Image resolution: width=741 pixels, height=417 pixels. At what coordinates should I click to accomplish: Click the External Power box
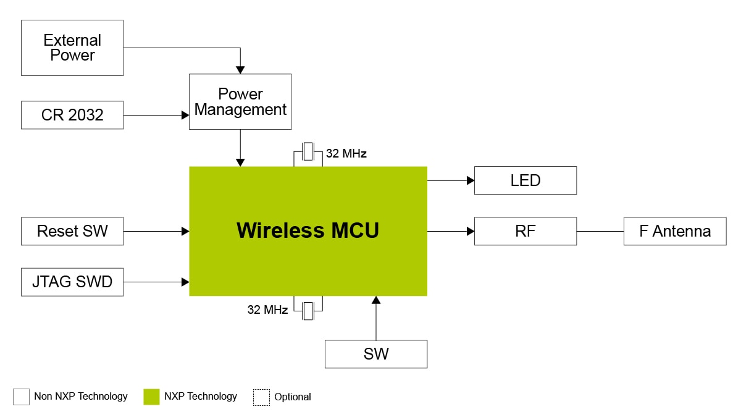pyautogui.click(x=72, y=48)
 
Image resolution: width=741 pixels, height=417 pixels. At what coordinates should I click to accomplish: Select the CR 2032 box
pyautogui.click(x=72, y=115)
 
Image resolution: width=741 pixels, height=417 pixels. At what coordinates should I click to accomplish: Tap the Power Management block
pyautogui.click(x=240, y=101)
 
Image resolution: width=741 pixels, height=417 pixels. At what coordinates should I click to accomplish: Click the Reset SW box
pyautogui.click(x=72, y=231)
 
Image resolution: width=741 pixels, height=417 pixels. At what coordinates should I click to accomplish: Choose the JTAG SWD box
pyautogui.click(x=72, y=282)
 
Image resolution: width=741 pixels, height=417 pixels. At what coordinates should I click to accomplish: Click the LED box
pyautogui.click(x=525, y=180)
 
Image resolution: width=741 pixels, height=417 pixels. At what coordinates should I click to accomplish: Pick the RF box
pyautogui.click(x=525, y=231)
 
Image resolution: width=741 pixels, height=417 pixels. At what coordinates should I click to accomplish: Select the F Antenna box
pyautogui.click(x=674, y=231)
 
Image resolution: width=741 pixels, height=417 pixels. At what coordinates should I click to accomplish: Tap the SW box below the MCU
pyautogui.click(x=376, y=354)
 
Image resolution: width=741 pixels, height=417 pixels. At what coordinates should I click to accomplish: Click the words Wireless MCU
pyautogui.click(x=308, y=230)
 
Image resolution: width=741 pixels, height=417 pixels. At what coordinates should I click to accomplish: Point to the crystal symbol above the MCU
pyautogui.click(x=308, y=153)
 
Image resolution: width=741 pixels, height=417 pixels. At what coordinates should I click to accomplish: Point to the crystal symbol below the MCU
pyautogui.click(x=308, y=310)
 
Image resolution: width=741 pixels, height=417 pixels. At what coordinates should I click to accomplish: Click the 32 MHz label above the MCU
pyautogui.click(x=346, y=154)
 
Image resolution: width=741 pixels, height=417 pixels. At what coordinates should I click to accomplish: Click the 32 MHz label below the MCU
pyautogui.click(x=267, y=310)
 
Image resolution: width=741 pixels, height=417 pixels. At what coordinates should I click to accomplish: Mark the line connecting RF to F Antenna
pyautogui.click(x=600, y=231)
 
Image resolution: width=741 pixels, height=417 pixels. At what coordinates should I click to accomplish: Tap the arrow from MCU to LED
pyautogui.click(x=450, y=180)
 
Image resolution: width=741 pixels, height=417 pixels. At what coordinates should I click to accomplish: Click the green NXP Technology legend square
pyautogui.click(x=151, y=397)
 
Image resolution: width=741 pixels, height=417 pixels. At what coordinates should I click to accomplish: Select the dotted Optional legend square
pyautogui.click(x=261, y=397)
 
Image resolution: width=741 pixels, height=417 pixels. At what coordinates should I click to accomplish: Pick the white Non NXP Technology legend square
pyautogui.click(x=21, y=397)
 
